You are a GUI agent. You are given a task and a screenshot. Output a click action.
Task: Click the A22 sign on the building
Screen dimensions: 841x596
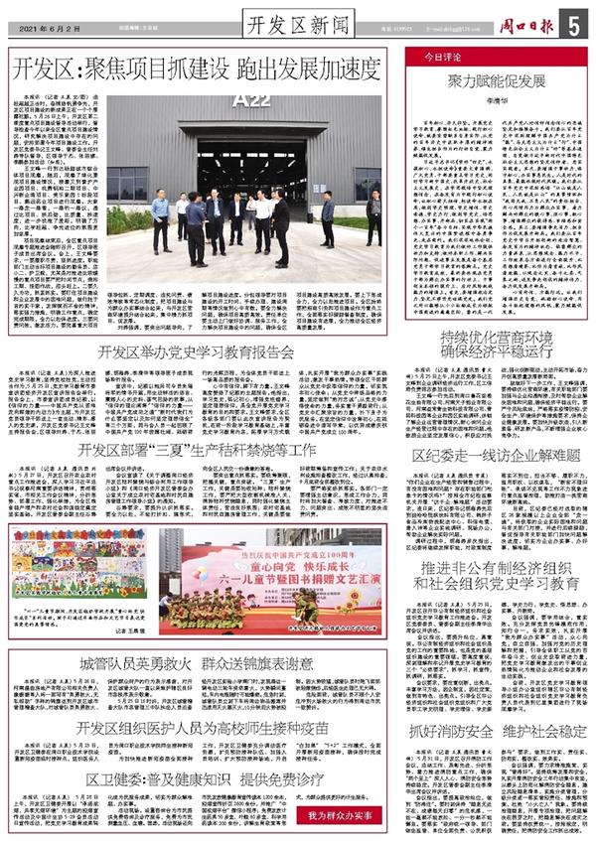(x=245, y=99)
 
